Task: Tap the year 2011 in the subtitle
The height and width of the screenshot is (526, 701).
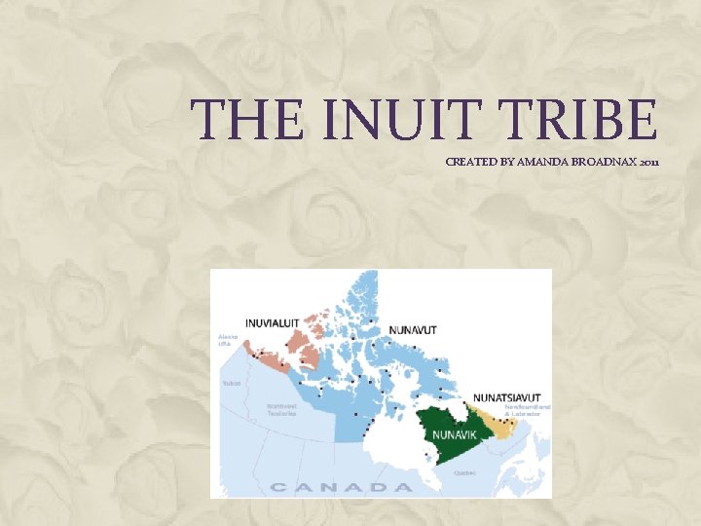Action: (x=650, y=162)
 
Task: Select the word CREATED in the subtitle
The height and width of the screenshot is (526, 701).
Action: (x=473, y=162)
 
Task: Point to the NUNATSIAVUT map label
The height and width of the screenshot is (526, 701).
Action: (x=506, y=398)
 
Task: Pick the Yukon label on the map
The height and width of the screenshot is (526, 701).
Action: (x=232, y=383)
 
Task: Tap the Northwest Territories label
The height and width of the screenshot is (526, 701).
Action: (x=282, y=410)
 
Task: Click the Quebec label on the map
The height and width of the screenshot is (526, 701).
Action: (x=464, y=471)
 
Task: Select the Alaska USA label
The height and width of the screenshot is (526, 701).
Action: (x=225, y=340)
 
